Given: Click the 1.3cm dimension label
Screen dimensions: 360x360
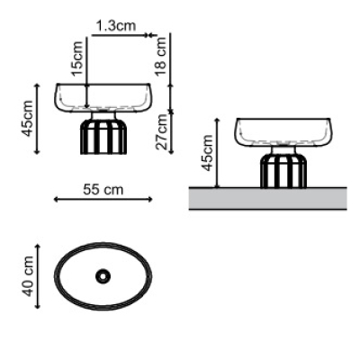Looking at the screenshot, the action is [116, 26].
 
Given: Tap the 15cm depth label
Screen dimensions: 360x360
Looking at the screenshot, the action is [76, 58].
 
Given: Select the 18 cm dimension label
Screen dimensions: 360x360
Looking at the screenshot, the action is [161, 57].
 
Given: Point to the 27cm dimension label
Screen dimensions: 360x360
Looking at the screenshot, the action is [162, 131].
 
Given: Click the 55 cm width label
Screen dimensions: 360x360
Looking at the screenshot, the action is [103, 190].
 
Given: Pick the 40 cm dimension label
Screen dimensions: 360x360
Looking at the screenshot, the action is [28, 276].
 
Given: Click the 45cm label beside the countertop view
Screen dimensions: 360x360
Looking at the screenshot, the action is [207, 153].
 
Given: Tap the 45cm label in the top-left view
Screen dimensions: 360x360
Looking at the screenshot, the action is [28, 118].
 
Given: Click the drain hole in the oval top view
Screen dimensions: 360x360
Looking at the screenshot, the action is [103, 276].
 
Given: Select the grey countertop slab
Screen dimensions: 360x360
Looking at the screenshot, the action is [268, 198].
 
